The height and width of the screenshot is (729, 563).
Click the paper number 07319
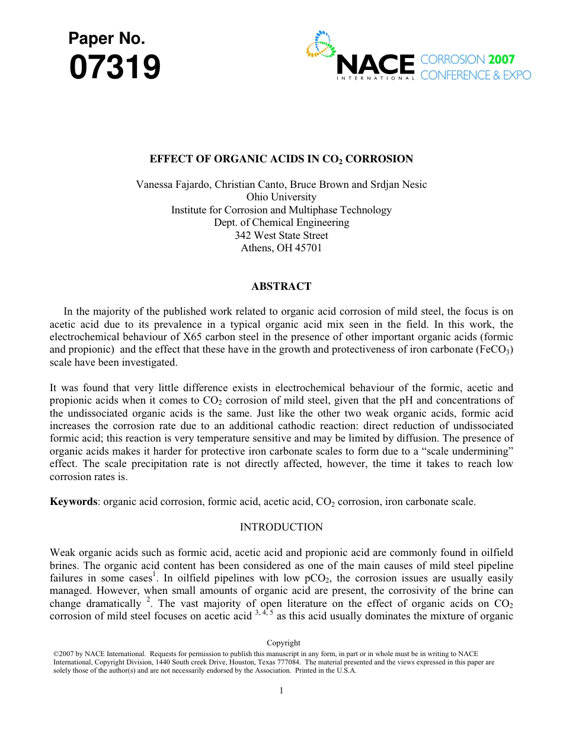coord(115,68)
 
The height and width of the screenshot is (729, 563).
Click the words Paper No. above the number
coord(107,39)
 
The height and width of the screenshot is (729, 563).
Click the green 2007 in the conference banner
coord(501,59)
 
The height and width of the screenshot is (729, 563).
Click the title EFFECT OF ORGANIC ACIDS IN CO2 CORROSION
coord(281,159)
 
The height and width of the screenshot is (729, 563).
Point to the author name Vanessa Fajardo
coord(172,184)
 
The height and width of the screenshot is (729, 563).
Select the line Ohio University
coord(281,197)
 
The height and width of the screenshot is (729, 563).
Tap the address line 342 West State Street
coord(281,235)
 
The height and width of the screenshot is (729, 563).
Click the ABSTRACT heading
coord(281,286)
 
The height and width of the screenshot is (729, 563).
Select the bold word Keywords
coord(73,501)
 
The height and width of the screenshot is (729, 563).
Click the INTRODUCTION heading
coord(281,527)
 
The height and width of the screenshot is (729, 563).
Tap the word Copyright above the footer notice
coord(283,642)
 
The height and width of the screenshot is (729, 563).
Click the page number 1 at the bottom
coord(281,690)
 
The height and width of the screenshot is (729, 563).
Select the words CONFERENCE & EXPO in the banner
coord(475,75)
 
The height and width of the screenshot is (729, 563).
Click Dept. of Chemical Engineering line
coord(281,222)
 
